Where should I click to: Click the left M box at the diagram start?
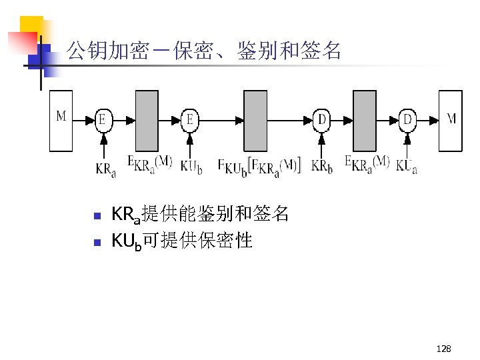(61, 120)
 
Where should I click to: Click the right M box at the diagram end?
(451, 120)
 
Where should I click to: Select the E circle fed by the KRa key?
(103, 120)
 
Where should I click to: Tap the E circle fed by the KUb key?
(190, 120)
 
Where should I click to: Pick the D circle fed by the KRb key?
(322, 120)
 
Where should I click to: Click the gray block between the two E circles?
(147, 120)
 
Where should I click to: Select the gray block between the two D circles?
(365, 120)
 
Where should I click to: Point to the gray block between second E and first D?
(255, 120)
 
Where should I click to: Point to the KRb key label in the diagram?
(321, 165)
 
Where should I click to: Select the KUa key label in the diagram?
(407, 165)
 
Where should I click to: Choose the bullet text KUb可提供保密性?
(182, 241)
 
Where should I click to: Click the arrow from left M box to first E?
(84, 121)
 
